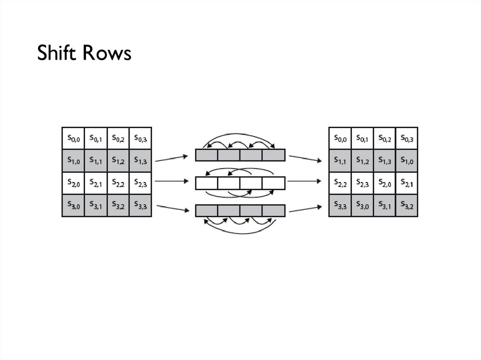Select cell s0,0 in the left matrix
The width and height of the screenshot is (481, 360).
click(73, 138)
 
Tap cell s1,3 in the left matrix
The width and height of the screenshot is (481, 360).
click(140, 161)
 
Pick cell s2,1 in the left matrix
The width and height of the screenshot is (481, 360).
click(96, 183)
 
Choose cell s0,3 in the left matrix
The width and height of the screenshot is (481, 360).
click(140, 138)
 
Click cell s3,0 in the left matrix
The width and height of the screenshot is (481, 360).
click(73, 205)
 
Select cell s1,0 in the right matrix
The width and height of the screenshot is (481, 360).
click(407, 161)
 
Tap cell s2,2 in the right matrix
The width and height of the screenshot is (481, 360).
click(340, 183)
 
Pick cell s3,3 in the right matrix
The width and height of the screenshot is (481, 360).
click(340, 205)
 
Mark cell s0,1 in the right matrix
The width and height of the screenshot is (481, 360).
click(362, 138)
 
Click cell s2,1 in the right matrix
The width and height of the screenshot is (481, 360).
click(407, 183)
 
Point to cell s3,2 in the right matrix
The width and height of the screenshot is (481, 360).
click(407, 205)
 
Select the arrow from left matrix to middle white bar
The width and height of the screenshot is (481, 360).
click(174, 181)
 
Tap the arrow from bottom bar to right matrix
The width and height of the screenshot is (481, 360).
click(305, 208)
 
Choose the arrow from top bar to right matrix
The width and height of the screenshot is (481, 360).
click(305, 158)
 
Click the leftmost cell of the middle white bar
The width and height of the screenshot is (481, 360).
click(207, 182)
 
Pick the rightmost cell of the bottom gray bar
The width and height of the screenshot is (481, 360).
click(274, 210)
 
